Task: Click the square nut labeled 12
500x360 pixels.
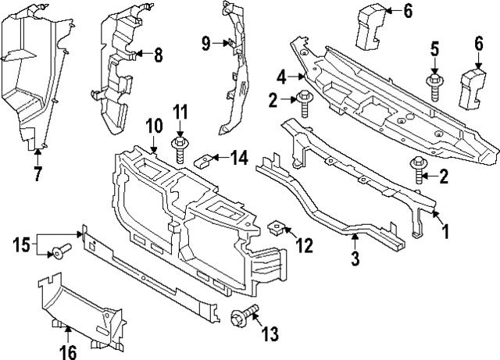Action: coord(275,230)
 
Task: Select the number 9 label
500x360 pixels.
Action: coord(206,43)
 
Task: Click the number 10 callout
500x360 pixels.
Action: coord(153,125)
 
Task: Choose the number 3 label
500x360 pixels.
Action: coord(355,258)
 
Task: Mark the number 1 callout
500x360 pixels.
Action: coord(446,232)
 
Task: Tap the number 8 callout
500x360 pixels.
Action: coord(158,55)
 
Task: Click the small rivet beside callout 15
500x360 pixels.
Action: coord(60,252)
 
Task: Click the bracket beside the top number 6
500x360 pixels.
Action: coord(370,28)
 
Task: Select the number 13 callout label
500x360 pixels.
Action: coord(270,334)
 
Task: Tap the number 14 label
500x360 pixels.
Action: coord(239,159)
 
